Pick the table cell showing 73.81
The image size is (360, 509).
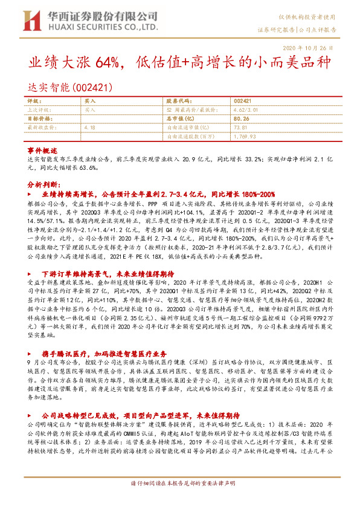pos(240,128)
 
